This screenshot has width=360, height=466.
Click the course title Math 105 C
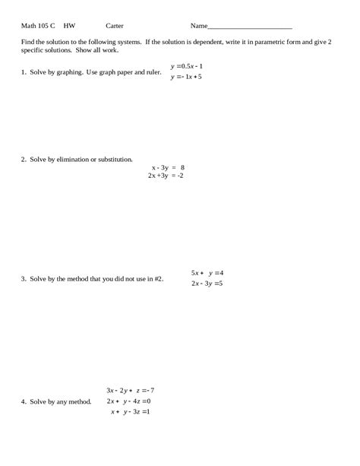tap(38, 25)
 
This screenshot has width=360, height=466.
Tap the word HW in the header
tap(69, 25)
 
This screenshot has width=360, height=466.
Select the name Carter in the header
tap(115, 25)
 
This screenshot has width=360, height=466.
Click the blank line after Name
tap(250, 26)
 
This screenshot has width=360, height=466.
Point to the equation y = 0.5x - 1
tap(187, 66)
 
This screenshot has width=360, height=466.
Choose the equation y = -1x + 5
tap(186, 78)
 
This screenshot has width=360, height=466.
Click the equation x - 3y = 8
tap(168, 167)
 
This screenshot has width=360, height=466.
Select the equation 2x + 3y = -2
tap(166, 176)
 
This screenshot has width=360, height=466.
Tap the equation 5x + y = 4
tap(207, 272)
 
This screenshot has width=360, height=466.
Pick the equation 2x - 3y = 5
tap(207, 284)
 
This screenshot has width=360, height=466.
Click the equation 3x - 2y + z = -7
tap(131, 391)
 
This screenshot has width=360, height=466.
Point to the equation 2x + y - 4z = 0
tap(129, 401)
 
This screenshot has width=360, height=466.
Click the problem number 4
tap(24, 401)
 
